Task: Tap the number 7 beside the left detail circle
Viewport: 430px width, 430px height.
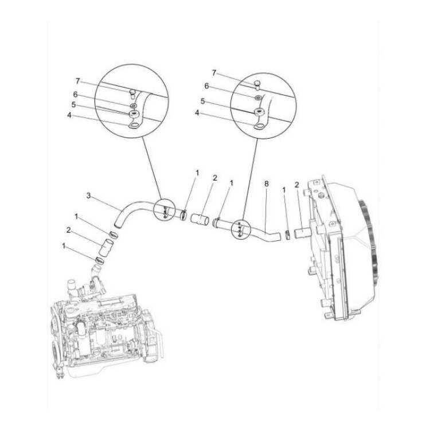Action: point(78,81)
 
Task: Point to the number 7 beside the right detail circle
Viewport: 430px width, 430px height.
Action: point(214,73)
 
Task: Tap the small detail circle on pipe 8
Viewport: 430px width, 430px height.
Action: point(239,229)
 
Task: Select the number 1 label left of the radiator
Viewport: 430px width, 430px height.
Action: point(284,189)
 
